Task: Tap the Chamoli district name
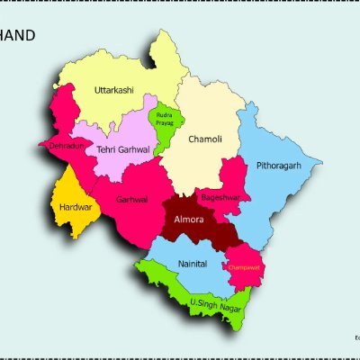tap(204, 139)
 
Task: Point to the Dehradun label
tap(61, 146)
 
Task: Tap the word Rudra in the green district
tap(164, 115)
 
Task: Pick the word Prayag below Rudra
tap(164, 123)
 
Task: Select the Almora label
tap(188, 220)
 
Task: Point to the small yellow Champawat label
tap(243, 267)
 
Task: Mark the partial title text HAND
tap(18, 36)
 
